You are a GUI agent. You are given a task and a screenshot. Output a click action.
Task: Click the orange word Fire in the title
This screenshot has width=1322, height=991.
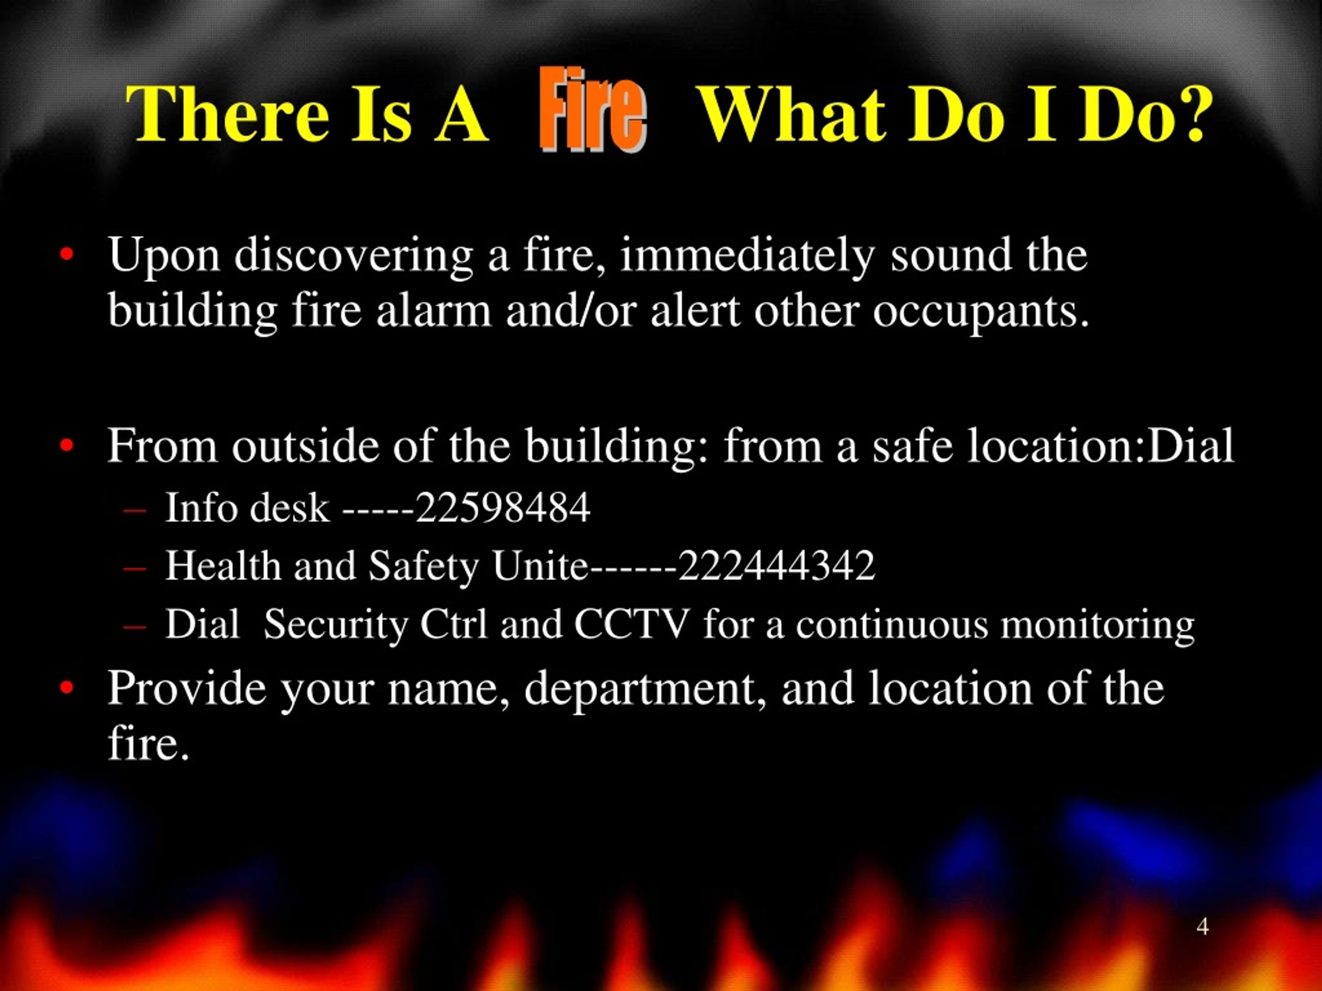pyautogui.click(x=592, y=110)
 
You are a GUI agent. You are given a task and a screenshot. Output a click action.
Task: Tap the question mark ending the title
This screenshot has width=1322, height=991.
pyautogui.click(x=1189, y=113)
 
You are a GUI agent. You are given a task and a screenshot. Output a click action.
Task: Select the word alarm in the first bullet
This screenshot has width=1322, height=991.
pyautogui.click(x=433, y=311)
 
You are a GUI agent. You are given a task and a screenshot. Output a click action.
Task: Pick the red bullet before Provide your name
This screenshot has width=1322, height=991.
pyautogui.click(x=67, y=688)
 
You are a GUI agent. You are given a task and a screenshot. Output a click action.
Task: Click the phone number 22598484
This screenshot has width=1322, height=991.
pyautogui.click(x=502, y=508)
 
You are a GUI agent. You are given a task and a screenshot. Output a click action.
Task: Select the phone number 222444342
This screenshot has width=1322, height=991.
pyautogui.click(x=777, y=565)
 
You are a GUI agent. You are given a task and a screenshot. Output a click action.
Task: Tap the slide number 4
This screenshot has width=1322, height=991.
pyautogui.click(x=1203, y=927)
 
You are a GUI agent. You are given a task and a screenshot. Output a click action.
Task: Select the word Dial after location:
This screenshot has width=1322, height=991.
pyautogui.click(x=1191, y=445)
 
